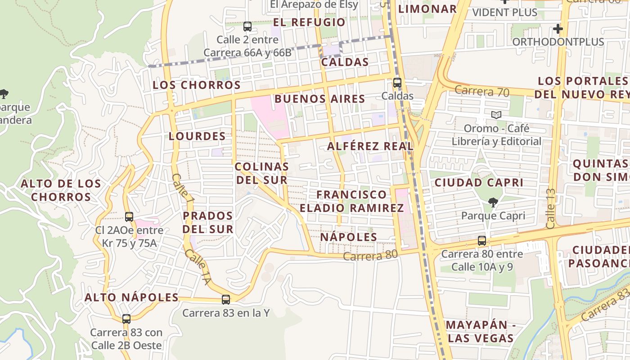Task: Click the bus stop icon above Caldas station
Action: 397,83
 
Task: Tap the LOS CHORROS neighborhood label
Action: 197,85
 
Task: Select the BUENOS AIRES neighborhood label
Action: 319,99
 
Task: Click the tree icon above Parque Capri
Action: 493,202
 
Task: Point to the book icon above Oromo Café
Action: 496,115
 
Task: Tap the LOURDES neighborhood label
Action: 197,136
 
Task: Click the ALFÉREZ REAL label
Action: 370,146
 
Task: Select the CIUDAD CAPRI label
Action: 478,183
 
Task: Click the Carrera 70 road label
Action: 481,92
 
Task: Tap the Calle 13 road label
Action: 550,208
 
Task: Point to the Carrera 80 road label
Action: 370,256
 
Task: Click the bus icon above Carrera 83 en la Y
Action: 226,300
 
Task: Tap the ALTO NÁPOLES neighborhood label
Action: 132,297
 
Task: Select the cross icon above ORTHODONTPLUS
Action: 558,29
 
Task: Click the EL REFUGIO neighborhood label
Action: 309,22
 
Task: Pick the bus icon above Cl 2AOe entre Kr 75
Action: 129,217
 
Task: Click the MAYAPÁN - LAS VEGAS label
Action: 480,332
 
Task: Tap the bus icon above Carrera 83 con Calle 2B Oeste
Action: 126,319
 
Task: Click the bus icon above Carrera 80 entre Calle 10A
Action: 482,241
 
